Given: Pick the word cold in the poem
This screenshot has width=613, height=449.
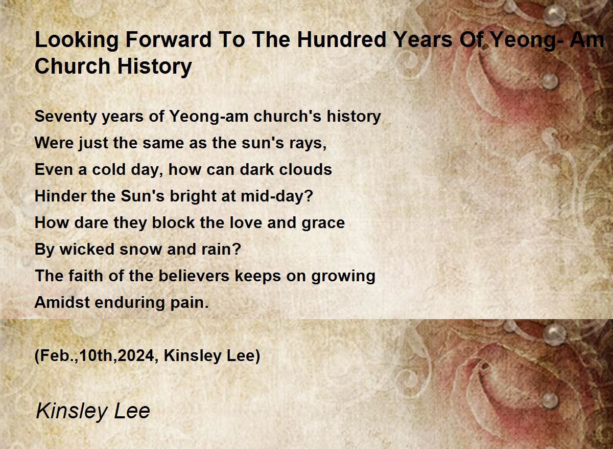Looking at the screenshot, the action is tap(109, 169).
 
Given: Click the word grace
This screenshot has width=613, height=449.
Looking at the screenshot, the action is tap(323, 223).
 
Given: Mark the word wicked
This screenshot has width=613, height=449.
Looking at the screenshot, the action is tap(87, 249).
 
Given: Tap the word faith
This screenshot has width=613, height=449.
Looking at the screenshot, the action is tap(86, 276).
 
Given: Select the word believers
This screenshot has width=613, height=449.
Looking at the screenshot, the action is tap(194, 276).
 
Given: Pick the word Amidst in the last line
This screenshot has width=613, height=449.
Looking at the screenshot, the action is tap(62, 302).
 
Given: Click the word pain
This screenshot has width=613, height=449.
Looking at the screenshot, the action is tap(190, 303).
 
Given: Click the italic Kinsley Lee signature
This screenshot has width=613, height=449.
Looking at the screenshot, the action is tap(93, 411).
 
